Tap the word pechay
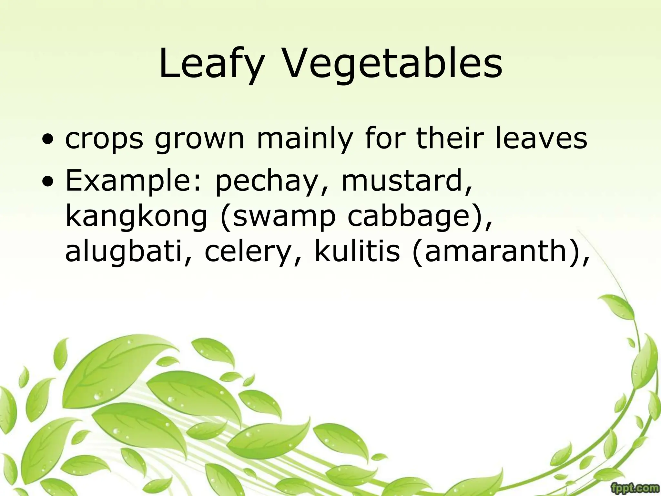(x=267, y=181)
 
